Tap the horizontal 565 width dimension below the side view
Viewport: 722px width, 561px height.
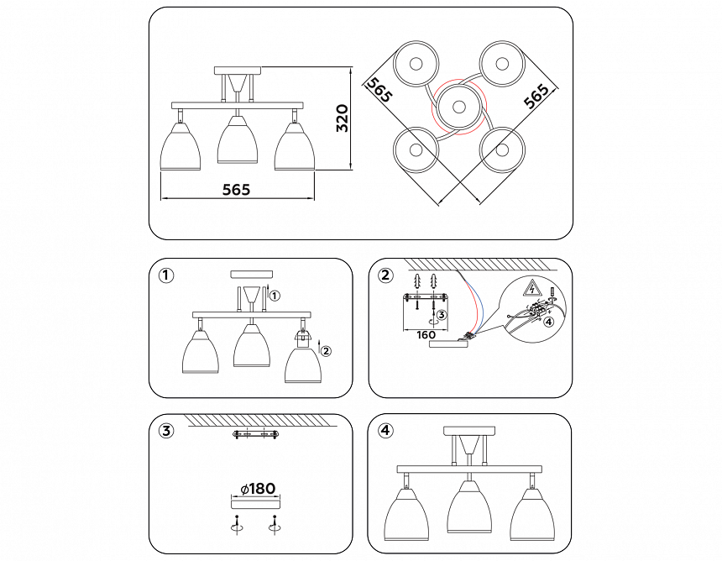click(x=237, y=190)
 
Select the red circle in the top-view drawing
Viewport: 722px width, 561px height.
click(x=459, y=107)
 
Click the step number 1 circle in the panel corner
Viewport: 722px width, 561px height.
click(x=166, y=275)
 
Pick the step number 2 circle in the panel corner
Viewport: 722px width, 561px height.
click(x=385, y=275)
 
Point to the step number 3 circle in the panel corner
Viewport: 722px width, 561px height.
click(x=166, y=431)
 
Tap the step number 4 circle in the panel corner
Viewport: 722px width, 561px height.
click(x=385, y=431)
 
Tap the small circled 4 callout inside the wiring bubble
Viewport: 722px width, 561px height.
click(x=547, y=321)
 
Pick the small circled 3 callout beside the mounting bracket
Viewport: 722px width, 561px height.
click(x=442, y=314)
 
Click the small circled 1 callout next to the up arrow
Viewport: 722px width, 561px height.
click(x=277, y=296)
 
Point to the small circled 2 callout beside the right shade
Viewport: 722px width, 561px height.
click(x=327, y=352)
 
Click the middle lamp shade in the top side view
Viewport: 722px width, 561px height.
click(x=238, y=140)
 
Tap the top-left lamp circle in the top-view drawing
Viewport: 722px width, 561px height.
click(x=416, y=64)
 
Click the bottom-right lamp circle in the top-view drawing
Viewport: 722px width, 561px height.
click(x=502, y=149)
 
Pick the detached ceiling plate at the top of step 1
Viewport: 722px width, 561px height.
click(x=251, y=274)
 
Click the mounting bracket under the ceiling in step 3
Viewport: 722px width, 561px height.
click(x=255, y=434)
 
